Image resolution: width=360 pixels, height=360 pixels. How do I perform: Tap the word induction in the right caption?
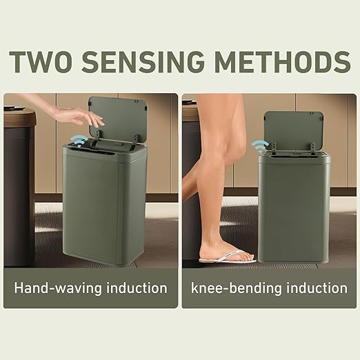(314, 288)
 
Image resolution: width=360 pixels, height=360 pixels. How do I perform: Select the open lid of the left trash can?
(119, 117)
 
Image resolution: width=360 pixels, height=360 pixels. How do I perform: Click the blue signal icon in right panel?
(260, 146)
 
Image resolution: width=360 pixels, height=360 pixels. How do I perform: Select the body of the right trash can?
(294, 207)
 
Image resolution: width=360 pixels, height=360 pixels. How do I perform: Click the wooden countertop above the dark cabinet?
(19, 117)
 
